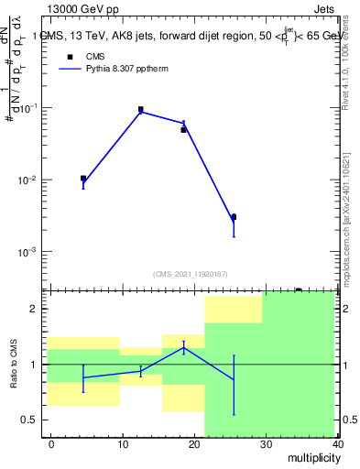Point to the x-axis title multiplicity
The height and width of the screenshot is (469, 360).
pos(311,456)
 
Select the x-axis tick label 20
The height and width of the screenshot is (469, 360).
pos(194,443)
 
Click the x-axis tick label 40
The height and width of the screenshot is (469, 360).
pos(337,443)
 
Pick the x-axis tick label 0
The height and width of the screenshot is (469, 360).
pos(51,443)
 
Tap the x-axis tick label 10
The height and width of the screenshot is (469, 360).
pos(123,443)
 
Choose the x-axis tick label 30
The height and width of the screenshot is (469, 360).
pos(266,443)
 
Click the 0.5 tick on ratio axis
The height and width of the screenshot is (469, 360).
pos(31,420)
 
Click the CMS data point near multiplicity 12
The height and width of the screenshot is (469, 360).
pos(140,109)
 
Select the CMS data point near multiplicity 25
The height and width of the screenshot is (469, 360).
pos(234,217)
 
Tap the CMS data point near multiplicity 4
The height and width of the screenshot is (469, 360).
pos(83,179)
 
